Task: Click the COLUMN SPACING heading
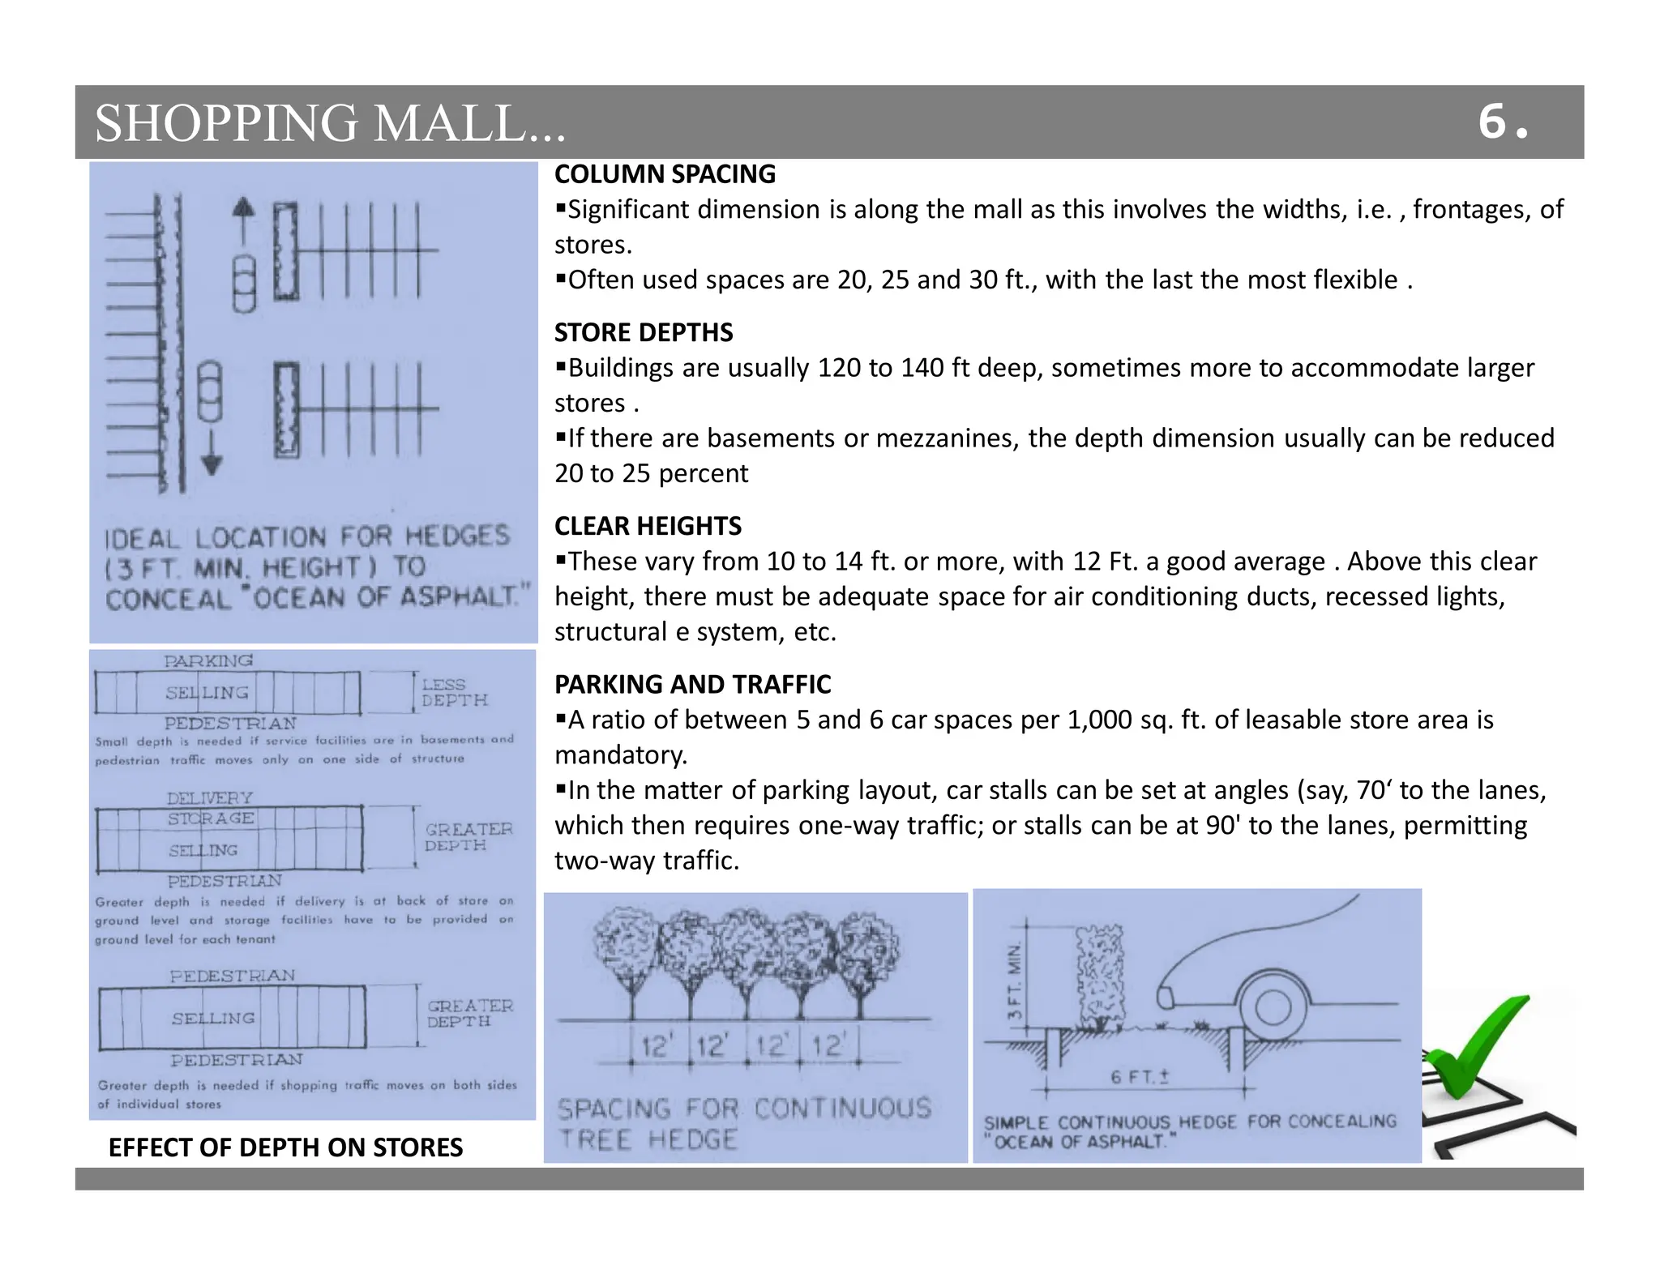point(665,174)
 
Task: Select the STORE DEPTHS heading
point(644,332)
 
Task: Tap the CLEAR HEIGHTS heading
point(648,526)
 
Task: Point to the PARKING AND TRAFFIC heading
point(692,684)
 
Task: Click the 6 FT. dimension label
point(1140,1077)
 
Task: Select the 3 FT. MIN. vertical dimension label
point(1014,982)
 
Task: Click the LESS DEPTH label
point(454,693)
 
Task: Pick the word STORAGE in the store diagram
point(212,818)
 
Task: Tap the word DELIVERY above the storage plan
point(210,798)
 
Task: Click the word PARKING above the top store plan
point(208,661)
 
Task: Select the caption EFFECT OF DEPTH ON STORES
point(285,1147)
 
